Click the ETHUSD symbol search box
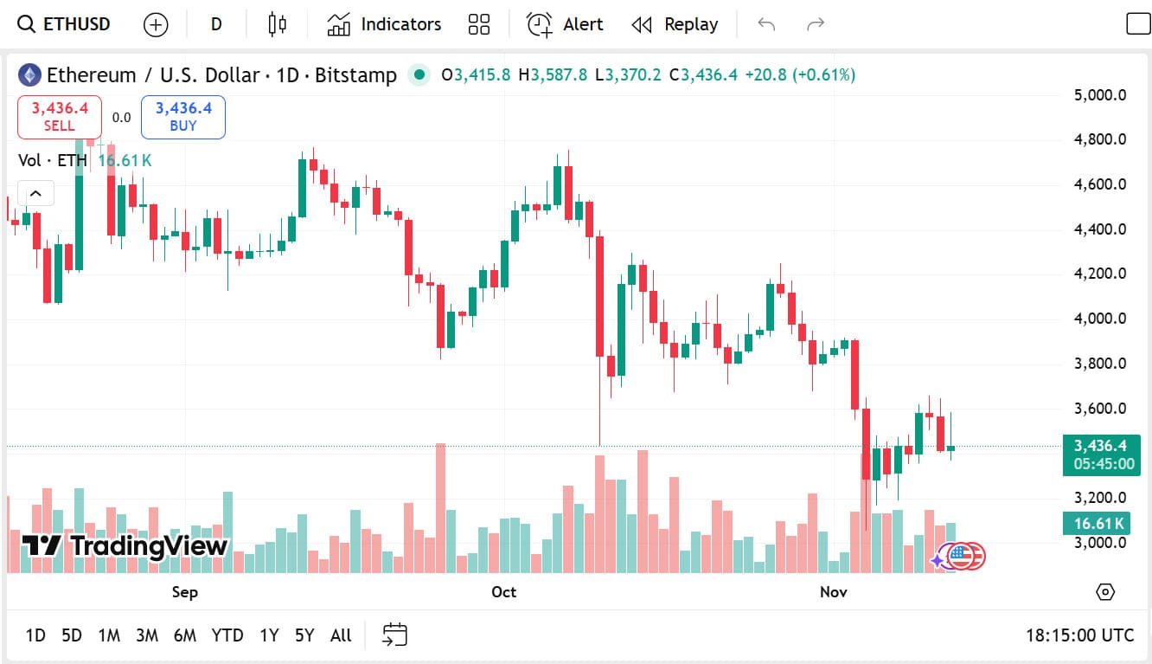65,24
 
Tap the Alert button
565,24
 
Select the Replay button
675,24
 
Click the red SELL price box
60,117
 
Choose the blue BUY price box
183,117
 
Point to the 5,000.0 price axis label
1099,95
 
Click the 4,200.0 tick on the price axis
1099,274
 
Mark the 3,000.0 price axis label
1099,543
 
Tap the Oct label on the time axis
503,592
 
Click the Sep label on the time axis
184,592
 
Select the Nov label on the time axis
833,592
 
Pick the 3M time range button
147,635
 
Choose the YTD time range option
227,635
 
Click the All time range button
341,635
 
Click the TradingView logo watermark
125,545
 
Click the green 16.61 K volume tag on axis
1098,523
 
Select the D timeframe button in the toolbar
216,24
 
